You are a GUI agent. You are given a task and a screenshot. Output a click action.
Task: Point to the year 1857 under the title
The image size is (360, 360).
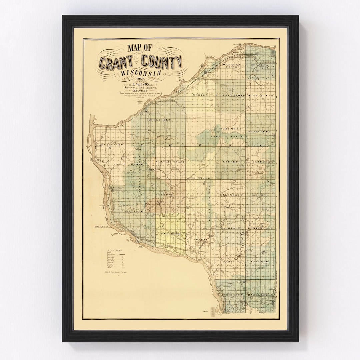tap(140, 79)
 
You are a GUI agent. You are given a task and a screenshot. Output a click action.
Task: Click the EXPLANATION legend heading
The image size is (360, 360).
tap(114, 250)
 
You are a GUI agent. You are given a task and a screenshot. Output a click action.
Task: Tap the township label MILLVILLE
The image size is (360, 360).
tap(160, 119)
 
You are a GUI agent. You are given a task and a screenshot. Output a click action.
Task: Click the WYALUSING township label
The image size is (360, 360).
tap(112, 145)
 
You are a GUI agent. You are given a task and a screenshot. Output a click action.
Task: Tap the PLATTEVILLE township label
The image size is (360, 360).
tap(260, 228)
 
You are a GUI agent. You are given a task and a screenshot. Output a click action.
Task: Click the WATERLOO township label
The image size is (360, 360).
tap(171, 234)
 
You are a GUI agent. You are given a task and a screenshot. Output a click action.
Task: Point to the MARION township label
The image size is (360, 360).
tap(200, 95)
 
